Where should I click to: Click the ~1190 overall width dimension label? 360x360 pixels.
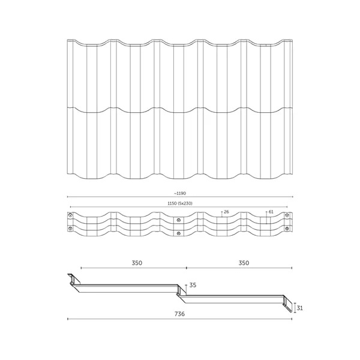pyautogui.click(x=180, y=193)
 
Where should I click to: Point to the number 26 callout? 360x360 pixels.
pyautogui.click(x=226, y=212)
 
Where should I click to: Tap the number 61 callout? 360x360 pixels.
pyautogui.click(x=271, y=212)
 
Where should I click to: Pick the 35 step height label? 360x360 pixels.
pyautogui.click(x=192, y=286)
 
